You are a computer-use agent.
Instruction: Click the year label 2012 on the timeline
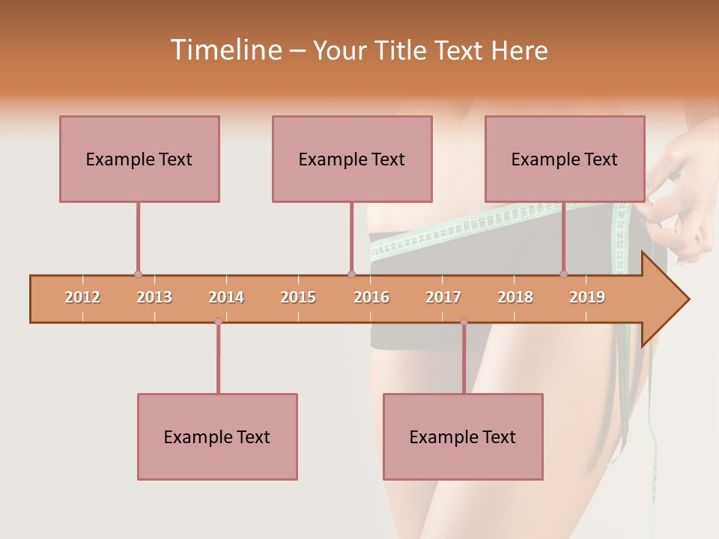pyautogui.click(x=82, y=297)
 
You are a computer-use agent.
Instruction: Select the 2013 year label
pyautogui.click(x=154, y=297)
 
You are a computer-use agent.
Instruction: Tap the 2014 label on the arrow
pyautogui.click(x=226, y=297)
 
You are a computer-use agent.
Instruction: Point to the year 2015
pyautogui.click(x=298, y=297)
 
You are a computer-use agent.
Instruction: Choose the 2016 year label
pyautogui.click(x=371, y=297)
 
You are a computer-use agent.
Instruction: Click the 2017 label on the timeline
pyautogui.click(x=443, y=297)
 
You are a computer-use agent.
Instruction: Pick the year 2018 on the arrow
pyautogui.click(x=515, y=297)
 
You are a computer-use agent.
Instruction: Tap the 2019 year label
pyautogui.click(x=587, y=297)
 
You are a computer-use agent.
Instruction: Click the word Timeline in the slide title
pyautogui.click(x=225, y=50)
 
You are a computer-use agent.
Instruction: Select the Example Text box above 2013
pyautogui.click(x=139, y=159)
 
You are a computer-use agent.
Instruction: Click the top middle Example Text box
pyautogui.click(x=352, y=159)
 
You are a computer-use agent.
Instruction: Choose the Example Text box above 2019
pyautogui.click(x=565, y=159)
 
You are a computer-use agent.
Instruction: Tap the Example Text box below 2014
pyautogui.click(x=217, y=436)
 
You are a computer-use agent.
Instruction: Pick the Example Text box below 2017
pyautogui.click(x=463, y=436)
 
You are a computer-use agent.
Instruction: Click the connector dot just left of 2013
pyautogui.click(x=138, y=275)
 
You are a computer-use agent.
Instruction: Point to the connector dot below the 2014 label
pyautogui.click(x=218, y=321)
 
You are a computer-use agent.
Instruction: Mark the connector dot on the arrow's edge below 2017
pyautogui.click(x=464, y=321)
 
